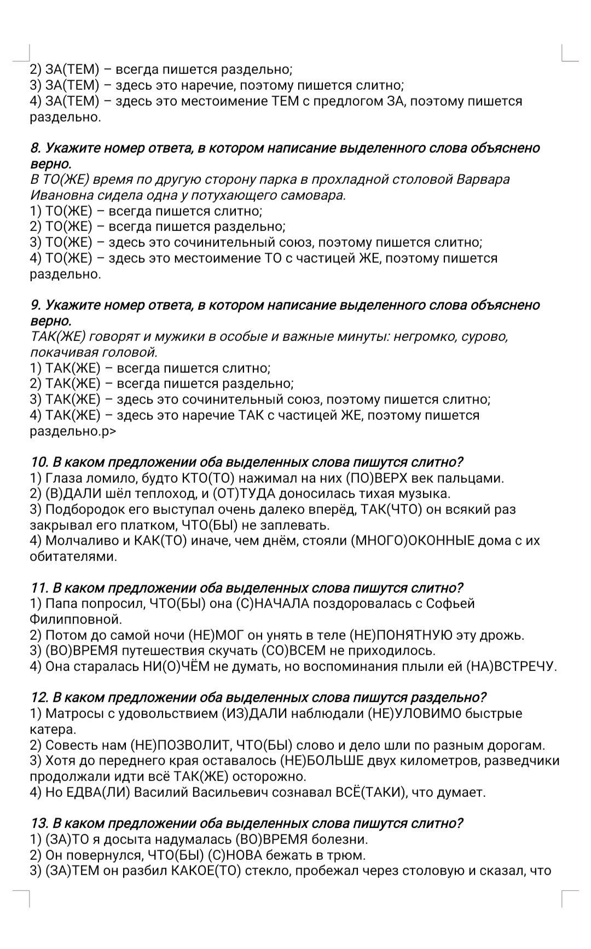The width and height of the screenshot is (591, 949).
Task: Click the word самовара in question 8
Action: point(317,195)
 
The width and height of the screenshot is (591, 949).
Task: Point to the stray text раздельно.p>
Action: point(73,431)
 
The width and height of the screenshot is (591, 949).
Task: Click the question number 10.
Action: point(40,462)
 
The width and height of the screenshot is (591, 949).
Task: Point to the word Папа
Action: point(61,604)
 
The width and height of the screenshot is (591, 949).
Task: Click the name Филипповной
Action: point(75,620)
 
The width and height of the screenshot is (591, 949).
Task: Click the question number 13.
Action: point(40,824)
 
